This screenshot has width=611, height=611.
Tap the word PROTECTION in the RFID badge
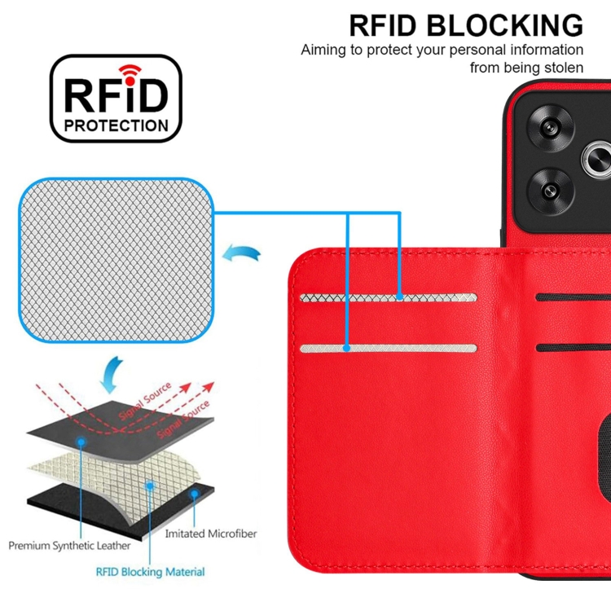pyautogui.click(x=116, y=125)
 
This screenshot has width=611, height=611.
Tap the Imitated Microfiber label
pyautogui.click(x=210, y=534)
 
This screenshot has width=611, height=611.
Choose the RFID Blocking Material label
pyautogui.click(x=151, y=572)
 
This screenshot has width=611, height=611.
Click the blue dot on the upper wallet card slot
pyautogui.click(x=399, y=297)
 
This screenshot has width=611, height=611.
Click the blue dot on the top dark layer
pyautogui.click(x=82, y=441)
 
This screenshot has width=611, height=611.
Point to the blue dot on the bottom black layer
pyautogui.click(x=193, y=494)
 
